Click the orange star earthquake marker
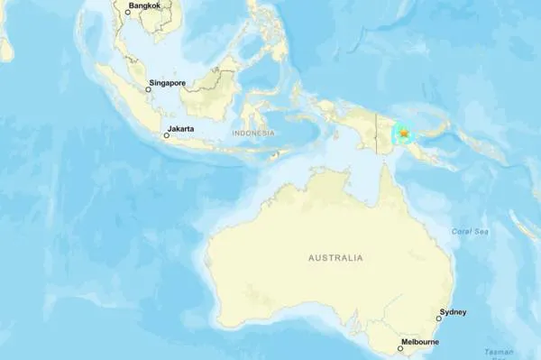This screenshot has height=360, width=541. coord(404,134)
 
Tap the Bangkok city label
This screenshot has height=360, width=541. coord(147,6)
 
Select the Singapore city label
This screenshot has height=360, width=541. coord(168,83)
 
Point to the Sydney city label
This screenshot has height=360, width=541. coord(453,312)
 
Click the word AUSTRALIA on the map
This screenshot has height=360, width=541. coord(335,258)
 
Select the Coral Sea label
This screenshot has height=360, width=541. coord(470,232)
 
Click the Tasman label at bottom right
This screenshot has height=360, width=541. coord(498,352)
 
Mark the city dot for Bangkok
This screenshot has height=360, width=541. coord(127,12)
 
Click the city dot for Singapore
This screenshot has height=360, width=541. coord(148,89)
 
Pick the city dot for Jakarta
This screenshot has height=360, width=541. coord(166,136)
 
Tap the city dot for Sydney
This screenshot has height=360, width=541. coord(439,318)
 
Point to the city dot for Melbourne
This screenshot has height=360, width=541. coord(401,347)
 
